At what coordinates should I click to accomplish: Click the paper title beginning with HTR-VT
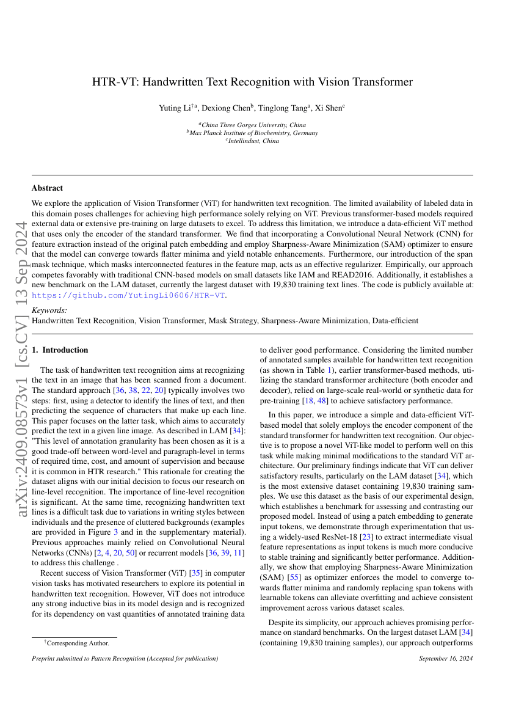pyautogui.click(x=252, y=82)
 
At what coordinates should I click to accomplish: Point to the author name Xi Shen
pyautogui.click(x=330, y=108)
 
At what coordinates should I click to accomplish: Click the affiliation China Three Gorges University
pyautogui.click(x=252, y=125)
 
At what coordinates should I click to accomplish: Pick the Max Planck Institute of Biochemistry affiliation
pyautogui.click(x=252, y=133)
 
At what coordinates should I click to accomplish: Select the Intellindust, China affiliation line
pyautogui.click(x=252, y=141)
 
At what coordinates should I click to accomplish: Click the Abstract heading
pyautogui.click(x=47, y=188)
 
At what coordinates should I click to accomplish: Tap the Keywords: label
pyautogui.click(x=49, y=310)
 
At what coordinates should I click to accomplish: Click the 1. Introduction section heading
pyautogui.click(x=60, y=350)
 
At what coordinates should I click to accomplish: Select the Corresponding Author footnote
pyautogui.click(x=77, y=643)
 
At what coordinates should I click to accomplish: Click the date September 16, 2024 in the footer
pyautogui.click(x=446, y=659)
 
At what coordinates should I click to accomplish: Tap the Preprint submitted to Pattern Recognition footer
pyautogui.click(x=125, y=659)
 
